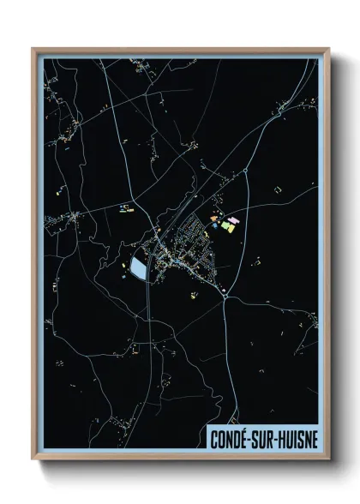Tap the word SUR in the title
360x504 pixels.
270,439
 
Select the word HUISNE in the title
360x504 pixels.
301,439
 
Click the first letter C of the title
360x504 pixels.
215,439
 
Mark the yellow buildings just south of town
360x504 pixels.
194,297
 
